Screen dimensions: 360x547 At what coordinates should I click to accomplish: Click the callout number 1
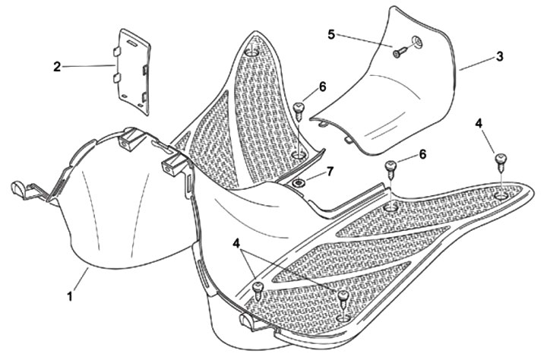(71, 296)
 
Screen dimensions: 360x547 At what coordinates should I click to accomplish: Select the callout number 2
(57, 66)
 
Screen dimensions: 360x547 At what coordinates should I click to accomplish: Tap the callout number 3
(499, 57)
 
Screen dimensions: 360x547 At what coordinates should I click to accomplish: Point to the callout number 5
(330, 34)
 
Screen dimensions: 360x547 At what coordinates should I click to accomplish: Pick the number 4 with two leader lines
(238, 244)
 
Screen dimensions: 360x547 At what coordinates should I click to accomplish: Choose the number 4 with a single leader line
(479, 122)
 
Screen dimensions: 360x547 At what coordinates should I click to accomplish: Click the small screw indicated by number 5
(400, 52)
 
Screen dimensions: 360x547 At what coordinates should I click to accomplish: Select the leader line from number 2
(87, 66)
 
